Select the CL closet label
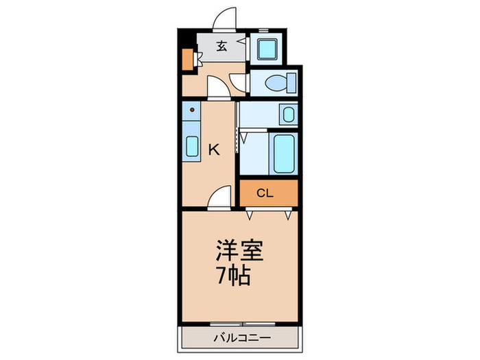265,193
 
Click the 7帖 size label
234,276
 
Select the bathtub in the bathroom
283,154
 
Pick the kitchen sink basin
192,147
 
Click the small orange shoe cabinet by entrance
187,60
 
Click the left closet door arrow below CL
250,215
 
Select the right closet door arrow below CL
289,215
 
